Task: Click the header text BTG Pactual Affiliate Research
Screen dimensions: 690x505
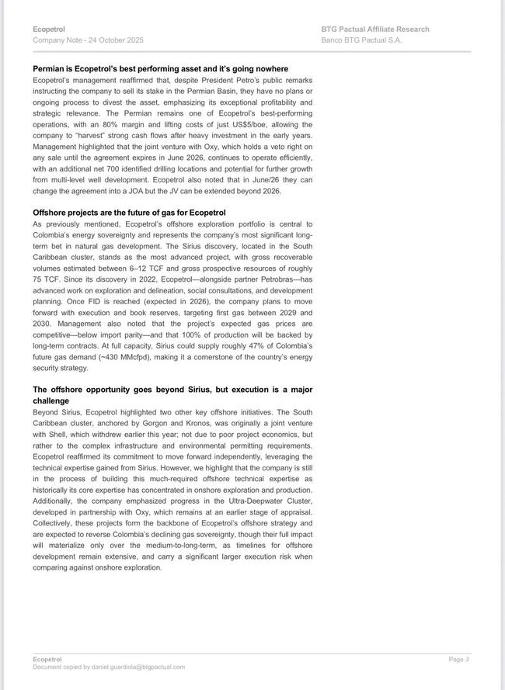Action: click(374, 29)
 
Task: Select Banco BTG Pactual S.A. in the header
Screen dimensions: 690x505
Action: click(361, 40)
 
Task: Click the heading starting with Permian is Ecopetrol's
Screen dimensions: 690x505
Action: click(160, 69)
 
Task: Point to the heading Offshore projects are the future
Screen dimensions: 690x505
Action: click(129, 213)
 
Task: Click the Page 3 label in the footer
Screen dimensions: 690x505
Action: click(458, 660)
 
